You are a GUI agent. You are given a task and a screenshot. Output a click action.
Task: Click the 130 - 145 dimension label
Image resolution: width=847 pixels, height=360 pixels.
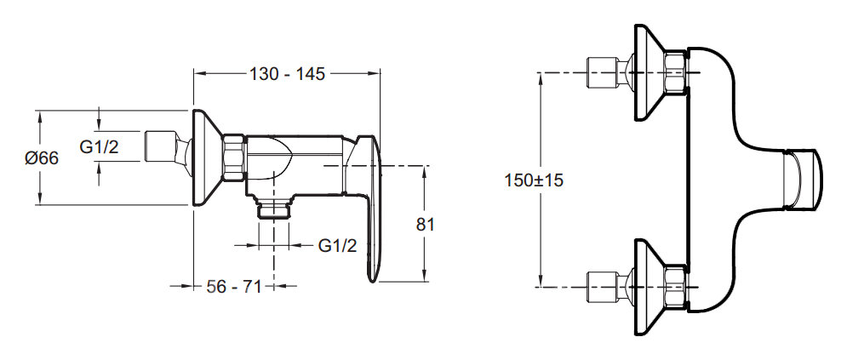tap(287, 74)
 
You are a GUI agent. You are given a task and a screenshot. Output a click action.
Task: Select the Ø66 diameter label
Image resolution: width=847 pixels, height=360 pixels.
tap(42, 158)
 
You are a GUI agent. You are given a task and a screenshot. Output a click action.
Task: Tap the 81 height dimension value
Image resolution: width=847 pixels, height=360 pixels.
tap(425, 224)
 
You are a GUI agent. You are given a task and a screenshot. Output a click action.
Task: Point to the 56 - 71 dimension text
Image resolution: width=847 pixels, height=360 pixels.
tap(234, 287)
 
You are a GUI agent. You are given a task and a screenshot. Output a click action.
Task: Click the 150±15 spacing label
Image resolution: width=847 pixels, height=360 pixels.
tap(534, 180)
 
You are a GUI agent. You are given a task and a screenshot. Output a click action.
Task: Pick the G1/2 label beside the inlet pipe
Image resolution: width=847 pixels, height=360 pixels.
tap(99, 146)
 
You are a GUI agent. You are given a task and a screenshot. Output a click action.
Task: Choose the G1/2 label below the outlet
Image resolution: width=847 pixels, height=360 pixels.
tap(338, 246)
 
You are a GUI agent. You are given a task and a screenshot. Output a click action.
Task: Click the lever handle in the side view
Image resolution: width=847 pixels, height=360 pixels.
tap(364, 208)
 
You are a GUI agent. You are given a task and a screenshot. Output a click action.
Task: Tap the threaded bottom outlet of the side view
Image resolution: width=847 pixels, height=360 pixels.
tap(274, 208)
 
